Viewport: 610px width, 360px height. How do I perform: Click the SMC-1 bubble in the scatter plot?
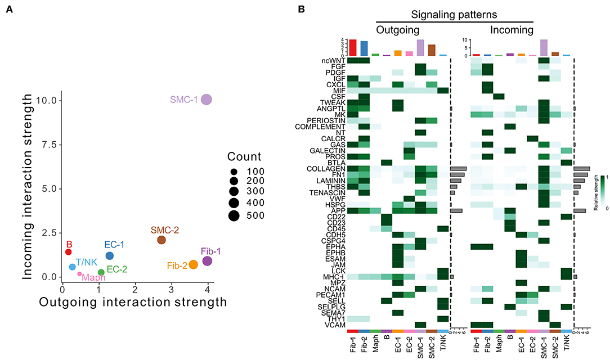tap(207, 100)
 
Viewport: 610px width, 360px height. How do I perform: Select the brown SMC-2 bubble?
tap(162, 240)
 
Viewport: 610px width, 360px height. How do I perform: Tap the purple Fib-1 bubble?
tap(207, 261)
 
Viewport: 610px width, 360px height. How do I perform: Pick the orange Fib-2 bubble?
tap(193, 264)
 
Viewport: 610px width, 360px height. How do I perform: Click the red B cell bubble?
tap(69, 252)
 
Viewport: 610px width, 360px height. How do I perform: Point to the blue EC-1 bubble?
tap(110, 255)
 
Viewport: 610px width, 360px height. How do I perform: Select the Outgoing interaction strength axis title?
tap(132, 302)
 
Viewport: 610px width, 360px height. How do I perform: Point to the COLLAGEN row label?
tap(326, 168)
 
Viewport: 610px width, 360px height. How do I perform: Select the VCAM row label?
tap(334, 325)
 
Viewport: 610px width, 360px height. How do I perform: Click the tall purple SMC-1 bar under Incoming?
tap(544, 47)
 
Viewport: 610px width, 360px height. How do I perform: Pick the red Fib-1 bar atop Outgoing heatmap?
tap(353, 47)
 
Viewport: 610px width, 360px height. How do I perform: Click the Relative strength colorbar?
tap(602, 191)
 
